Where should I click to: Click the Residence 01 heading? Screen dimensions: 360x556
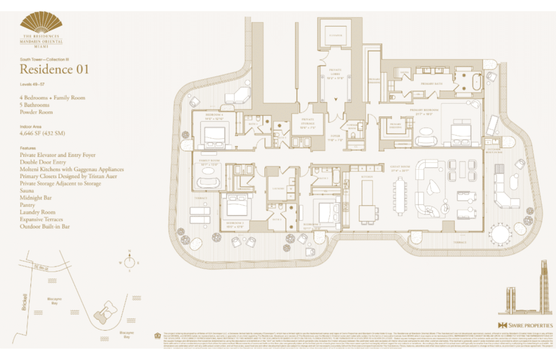pos(54,69)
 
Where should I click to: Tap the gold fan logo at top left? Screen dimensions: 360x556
pos(41,23)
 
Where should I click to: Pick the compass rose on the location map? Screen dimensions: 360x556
pos(129,262)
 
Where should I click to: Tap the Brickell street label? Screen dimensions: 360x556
pos(23,304)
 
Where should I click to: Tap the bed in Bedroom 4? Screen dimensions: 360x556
pos(215,134)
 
